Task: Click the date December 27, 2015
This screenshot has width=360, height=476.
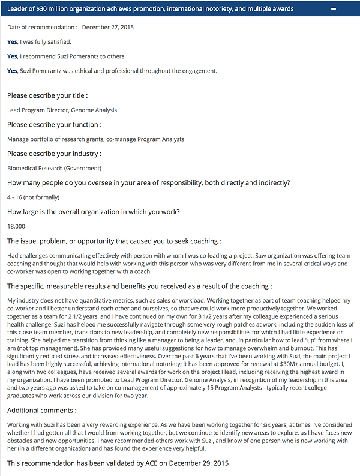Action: coord(108,27)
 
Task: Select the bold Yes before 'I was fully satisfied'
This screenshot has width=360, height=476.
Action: coord(12,41)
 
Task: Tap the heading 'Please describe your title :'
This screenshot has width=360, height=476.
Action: coord(47,95)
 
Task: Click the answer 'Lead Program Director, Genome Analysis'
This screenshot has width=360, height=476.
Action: coord(62,110)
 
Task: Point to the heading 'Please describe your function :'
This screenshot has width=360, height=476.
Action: coord(54,124)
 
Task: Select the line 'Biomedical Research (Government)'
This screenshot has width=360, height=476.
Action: coord(54,168)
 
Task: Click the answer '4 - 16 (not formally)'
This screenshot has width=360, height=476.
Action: coord(33,197)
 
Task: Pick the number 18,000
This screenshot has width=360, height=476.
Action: coord(16,226)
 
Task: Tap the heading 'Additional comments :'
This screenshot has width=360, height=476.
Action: coord(42,410)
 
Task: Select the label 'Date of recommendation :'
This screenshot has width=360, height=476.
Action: coord(42,27)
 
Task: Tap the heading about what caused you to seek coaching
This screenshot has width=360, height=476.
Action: coord(113,241)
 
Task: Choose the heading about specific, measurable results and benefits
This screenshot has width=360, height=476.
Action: coord(139,286)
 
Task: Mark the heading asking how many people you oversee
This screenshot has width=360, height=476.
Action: coord(149,182)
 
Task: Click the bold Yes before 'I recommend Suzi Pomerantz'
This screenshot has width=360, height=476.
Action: coord(12,56)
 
